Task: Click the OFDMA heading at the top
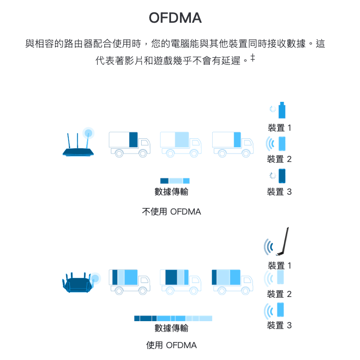point(175,18)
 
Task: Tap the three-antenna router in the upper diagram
point(78,144)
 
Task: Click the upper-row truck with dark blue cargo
point(129,144)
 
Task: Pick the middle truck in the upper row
point(180,144)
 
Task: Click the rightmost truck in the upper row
point(233,144)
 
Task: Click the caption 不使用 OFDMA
point(171,212)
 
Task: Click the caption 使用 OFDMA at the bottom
point(171,345)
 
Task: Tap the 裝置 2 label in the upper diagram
point(279,159)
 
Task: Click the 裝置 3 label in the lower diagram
point(279,325)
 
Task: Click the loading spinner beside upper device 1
point(273,109)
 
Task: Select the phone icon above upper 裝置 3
point(282,176)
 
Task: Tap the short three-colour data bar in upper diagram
point(175,180)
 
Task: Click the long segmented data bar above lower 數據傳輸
point(173,318)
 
